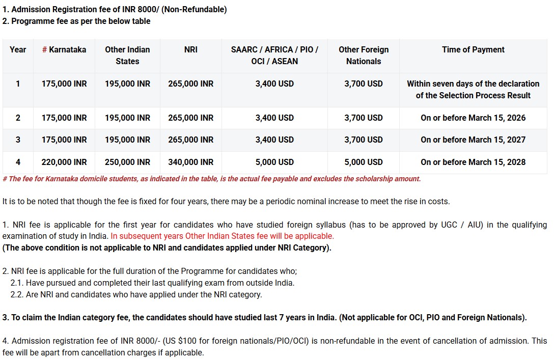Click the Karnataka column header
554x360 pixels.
click(x=64, y=49)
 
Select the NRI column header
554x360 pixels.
click(x=191, y=49)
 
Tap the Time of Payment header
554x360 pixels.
click(x=473, y=49)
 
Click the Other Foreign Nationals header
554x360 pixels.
click(x=364, y=55)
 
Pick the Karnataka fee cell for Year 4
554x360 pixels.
click(x=64, y=162)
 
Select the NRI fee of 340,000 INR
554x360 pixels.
click(x=191, y=162)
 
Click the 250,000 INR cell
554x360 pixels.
click(x=127, y=162)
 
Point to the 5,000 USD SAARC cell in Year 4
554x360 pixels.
click(x=274, y=162)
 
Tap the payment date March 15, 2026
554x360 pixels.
click(x=473, y=118)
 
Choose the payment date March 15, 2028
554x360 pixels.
click(x=473, y=162)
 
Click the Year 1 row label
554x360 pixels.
click(x=18, y=84)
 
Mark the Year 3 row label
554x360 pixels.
click(x=18, y=140)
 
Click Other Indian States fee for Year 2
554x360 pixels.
click(x=127, y=118)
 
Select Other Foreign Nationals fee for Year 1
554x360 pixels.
click(x=364, y=84)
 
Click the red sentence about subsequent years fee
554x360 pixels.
click(x=223, y=236)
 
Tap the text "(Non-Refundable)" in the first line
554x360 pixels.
click(x=194, y=9)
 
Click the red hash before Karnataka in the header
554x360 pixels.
click(x=44, y=49)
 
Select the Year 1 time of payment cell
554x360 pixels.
click(x=473, y=89)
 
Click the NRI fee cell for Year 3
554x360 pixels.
click(x=191, y=140)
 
